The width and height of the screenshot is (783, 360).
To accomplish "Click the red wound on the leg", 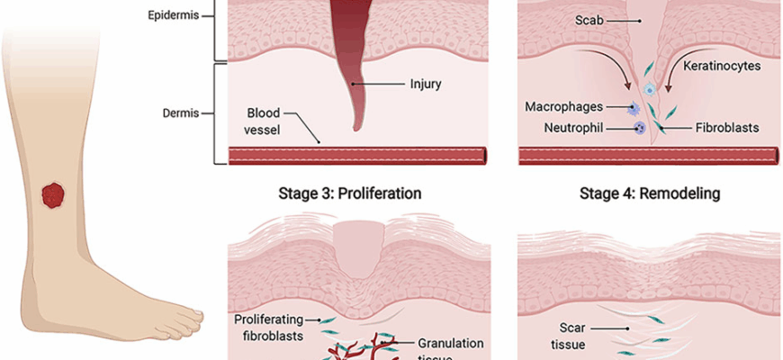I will click(54, 194).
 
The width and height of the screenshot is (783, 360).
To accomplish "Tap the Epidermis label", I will click(174, 15).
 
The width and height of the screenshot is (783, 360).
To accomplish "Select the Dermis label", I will click(178, 113).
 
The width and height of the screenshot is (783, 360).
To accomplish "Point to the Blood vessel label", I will click(263, 121).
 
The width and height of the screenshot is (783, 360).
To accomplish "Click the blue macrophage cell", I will click(634, 109).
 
